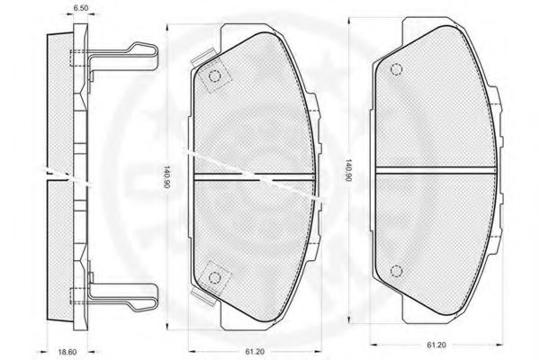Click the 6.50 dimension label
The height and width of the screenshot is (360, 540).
click(x=81, y=8)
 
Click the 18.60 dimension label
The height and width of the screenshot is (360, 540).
click(x=67, y=352)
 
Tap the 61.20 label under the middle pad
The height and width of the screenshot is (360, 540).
click(x=255, y=352)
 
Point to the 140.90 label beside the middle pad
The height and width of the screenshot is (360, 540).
click(x=166, y=177)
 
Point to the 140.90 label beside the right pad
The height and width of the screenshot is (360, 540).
click(x=348, y=170)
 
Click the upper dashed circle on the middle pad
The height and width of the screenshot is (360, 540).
click(x=214, y=76)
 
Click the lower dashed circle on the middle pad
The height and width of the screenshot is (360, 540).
click(x=214, y=277)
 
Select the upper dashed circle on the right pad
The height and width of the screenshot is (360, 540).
click(x=396, y=69)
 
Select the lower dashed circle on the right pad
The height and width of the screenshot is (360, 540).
click(x=396, y=271)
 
